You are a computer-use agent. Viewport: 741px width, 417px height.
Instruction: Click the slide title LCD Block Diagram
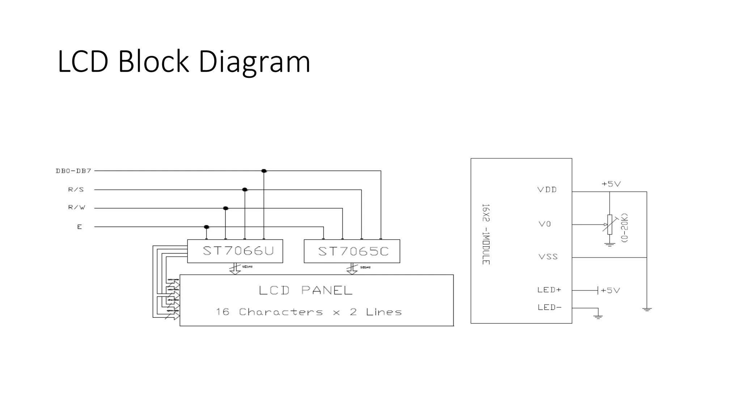pos(184,62)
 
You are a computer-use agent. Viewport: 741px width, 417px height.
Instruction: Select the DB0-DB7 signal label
pos(73,171)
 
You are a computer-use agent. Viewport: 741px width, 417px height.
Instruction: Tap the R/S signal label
pos(76,190)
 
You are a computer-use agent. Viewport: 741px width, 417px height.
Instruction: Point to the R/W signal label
pos(77,208)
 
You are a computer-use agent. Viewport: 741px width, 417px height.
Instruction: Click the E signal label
pos(80,227)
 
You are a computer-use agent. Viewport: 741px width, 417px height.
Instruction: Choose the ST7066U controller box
pos(235,251)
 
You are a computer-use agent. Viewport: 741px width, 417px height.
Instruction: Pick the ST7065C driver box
pos(352,251)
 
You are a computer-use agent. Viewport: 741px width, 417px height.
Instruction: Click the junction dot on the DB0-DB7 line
pos(264,171)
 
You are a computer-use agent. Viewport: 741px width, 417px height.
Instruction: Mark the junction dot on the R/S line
pos(245,190)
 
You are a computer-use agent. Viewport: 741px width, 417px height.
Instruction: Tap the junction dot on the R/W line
pos(226,208)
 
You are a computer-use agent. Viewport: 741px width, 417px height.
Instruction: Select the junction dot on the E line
pos(207,227)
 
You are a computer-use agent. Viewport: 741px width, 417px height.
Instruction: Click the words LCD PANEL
pos(306,290)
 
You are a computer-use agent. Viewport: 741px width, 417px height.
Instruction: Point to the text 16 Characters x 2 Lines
pos(309,312)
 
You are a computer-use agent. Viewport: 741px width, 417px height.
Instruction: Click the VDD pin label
pos(547,190)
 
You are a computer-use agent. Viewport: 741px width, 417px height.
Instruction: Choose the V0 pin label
pos(545,224)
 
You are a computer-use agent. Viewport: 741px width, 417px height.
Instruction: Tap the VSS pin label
pos(548,257)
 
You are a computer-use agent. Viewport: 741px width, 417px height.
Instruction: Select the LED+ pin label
pos(549,290)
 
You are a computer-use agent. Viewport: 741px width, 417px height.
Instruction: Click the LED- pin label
pos(550,307)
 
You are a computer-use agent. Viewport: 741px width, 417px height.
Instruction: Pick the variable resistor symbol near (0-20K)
pos(610,224)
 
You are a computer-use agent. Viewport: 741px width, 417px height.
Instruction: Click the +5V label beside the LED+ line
pos(610,290)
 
